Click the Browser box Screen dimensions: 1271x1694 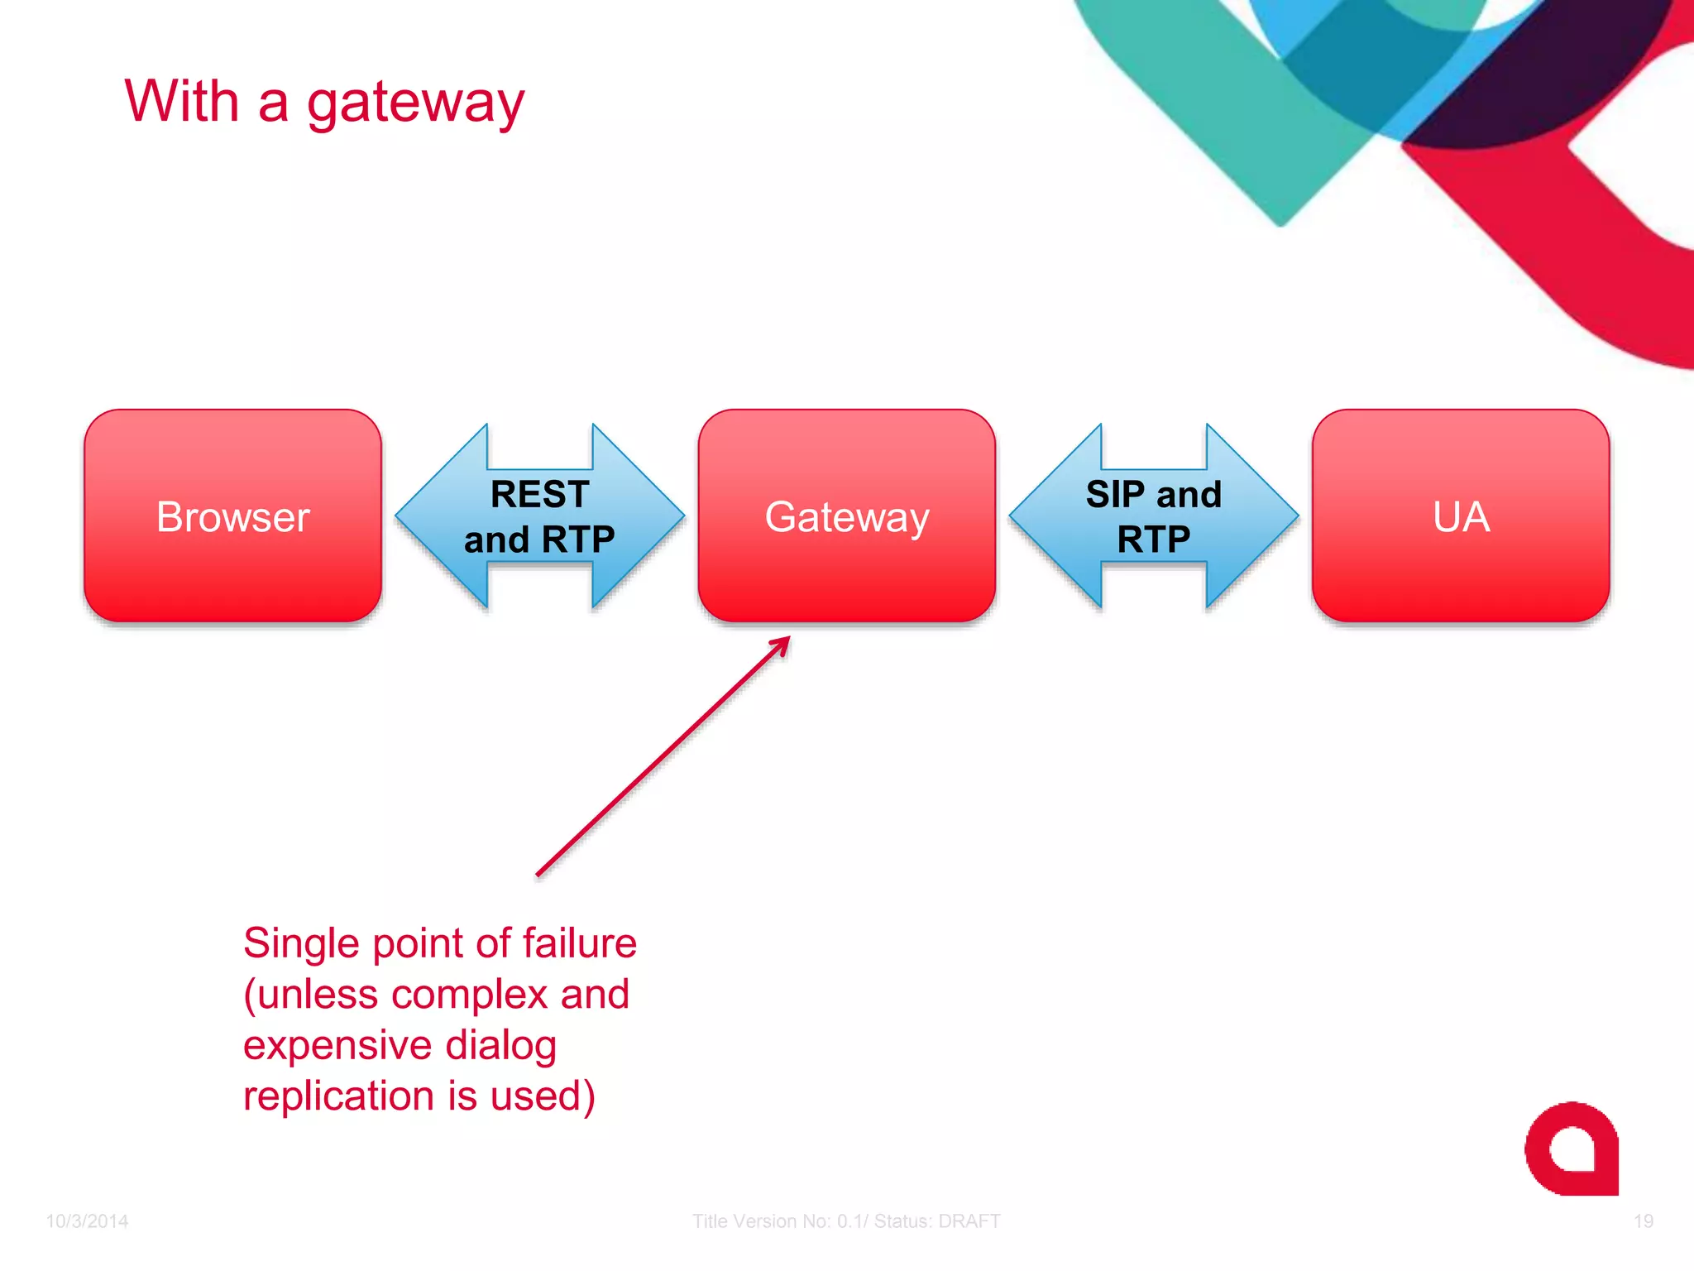232,516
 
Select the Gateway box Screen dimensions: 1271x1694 846,516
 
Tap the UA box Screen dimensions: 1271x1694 1461,516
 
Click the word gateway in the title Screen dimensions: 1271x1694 415,103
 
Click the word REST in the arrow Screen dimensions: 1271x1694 539,494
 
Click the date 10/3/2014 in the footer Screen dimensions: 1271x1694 87,1221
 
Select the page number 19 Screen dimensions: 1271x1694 1643,1221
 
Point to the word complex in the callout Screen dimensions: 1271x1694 469,995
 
